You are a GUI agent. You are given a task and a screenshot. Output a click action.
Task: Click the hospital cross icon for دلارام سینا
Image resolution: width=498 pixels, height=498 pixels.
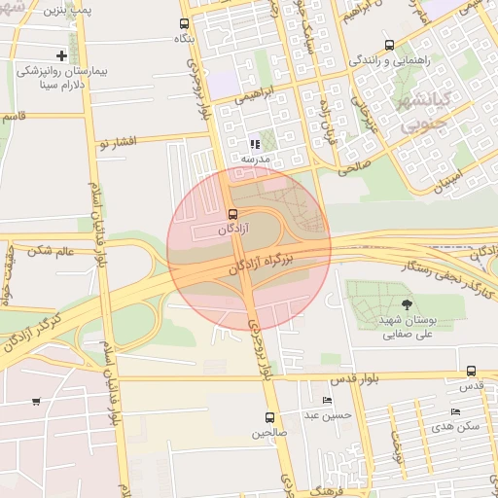pos(63,55)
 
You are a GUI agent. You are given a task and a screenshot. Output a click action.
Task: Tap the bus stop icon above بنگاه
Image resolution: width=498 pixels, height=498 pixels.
pos(184,23)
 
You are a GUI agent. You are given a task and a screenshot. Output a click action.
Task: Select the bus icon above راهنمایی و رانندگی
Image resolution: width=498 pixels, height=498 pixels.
pos(390,45)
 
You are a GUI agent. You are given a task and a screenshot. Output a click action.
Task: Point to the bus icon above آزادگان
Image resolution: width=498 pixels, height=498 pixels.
pos(231,214)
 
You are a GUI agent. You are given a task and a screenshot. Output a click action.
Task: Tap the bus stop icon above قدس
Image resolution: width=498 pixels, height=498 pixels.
pos(471,371)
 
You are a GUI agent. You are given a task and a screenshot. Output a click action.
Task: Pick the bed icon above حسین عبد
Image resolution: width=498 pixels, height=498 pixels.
pos(326,400)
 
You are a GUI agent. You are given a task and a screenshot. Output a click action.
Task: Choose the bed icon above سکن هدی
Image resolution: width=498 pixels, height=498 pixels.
pos(455,411)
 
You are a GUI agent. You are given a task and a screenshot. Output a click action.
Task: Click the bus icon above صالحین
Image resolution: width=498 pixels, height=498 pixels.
pos(269,417)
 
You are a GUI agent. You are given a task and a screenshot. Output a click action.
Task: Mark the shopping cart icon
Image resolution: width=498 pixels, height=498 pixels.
pos(36,401)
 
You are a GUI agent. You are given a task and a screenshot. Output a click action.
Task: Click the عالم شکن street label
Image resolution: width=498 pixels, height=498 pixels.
pos(53,251)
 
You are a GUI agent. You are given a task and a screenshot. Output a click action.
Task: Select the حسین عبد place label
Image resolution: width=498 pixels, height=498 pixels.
pos(326,414)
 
